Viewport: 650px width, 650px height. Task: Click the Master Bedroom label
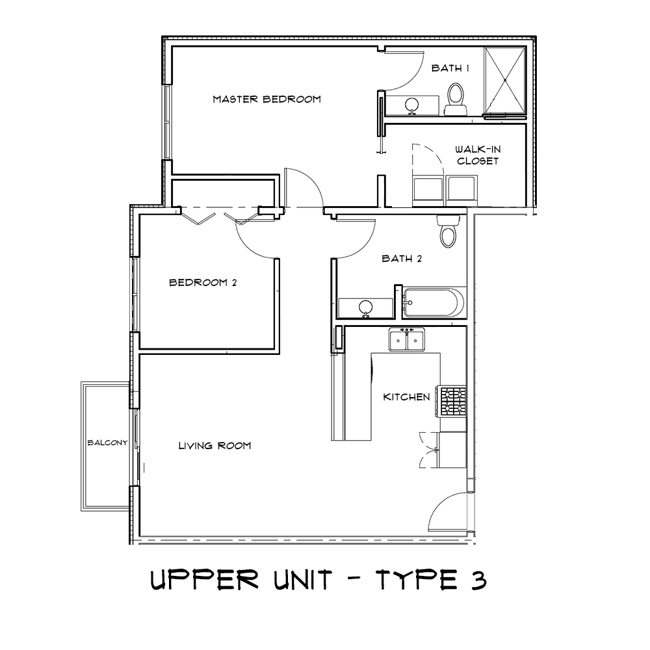[267, 99]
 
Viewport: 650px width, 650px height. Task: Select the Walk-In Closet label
[478, 155]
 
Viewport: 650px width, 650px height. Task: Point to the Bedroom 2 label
[198, 283]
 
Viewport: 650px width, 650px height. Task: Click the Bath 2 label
[402, 259]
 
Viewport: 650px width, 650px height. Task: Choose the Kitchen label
[406, 396]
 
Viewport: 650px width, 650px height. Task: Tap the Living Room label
[214, 446]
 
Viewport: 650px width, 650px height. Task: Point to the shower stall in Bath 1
[505, 81]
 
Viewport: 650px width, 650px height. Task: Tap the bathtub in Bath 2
[433, 303]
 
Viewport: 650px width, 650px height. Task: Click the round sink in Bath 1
[412, 105]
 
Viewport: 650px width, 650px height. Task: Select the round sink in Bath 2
[366, 307]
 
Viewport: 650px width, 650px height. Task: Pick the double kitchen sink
[407, 340]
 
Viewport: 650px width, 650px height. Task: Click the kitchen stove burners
[453, 402]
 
